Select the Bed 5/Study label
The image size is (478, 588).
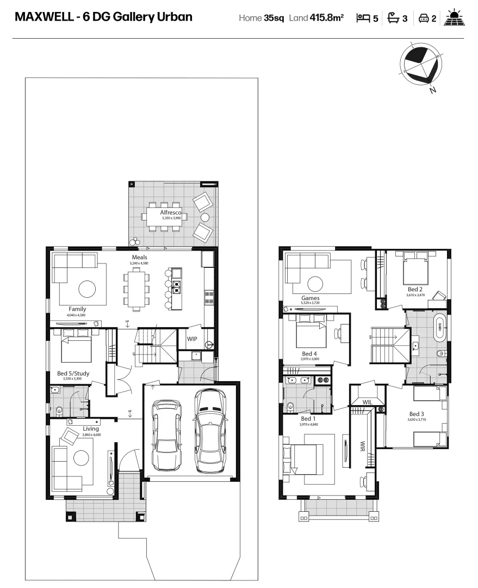coord(73,373)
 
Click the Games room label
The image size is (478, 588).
coord(311,298)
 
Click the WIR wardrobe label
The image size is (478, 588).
coord(362,448)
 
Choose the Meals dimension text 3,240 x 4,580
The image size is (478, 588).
coord(139,264)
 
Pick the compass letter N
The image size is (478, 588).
coord(432,90)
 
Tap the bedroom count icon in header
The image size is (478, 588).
coord(363,18)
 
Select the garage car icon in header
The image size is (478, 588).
coord(423,19)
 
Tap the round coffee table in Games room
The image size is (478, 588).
coord(315,283)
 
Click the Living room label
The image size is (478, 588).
coord(90,429)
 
